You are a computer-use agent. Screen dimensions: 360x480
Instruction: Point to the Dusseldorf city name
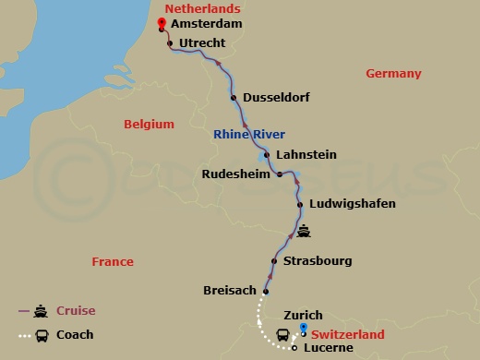(277, 99)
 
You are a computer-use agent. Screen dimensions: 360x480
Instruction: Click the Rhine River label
(249, 134)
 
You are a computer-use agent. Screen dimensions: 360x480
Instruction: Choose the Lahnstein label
(307, 155)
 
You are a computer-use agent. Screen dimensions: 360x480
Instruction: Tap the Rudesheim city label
(236, 174)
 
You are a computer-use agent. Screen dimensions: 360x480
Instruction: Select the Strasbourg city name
(318, 261)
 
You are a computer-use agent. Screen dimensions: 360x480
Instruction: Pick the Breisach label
(231, 291)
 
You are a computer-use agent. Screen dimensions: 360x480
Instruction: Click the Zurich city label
(304, 316)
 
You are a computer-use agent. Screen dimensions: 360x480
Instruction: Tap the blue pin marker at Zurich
(304, 330)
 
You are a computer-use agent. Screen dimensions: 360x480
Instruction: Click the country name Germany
(393, 74)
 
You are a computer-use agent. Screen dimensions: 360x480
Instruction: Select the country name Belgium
(149, 124)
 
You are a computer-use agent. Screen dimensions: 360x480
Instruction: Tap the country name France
(113, 262)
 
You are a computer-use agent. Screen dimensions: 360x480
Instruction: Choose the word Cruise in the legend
(76, 311)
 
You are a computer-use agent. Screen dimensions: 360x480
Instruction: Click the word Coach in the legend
(75, 335)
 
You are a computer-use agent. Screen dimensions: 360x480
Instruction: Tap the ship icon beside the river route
(304, 232)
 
